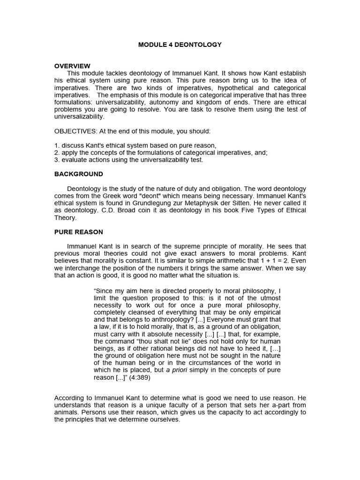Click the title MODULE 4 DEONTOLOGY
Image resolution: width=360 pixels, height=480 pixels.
pos(180,45)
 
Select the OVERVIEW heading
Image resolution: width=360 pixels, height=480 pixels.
pos(72,66)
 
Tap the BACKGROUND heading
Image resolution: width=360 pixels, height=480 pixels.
pos(79,174)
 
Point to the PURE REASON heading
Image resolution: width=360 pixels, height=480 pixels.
pos(79,232)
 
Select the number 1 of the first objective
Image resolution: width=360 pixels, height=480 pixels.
pos(56,145)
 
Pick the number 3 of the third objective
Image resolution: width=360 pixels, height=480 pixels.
pos(56,159)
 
